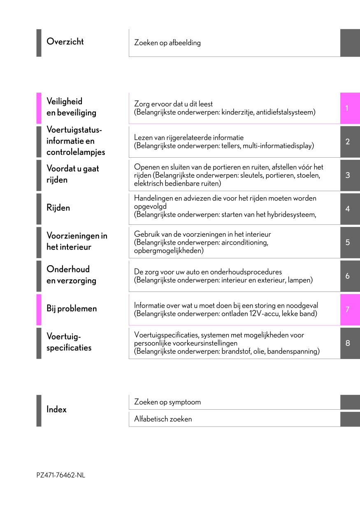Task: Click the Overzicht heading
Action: coord(65,42)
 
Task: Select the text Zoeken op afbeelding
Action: coord(167,43)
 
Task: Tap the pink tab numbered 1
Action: coord(348,108)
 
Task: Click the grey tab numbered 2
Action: coord(348,142)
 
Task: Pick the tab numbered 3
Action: coord(348,175)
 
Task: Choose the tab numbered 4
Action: coord(348,209)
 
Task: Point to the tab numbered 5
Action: coord(348,242)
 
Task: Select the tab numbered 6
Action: coord(348,276)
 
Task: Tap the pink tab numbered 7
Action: coord(348,309)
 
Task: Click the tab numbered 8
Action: coord(348,343)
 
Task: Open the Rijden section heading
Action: coord(58,208)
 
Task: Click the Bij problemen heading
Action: coord(72,309)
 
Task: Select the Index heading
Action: coord(56,410)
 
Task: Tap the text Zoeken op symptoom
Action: coord(167,402)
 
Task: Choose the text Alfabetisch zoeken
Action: coord(163,419)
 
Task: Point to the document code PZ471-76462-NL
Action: coord(61,475)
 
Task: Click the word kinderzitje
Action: coord(237,112)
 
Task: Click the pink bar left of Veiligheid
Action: coord(39,108)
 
